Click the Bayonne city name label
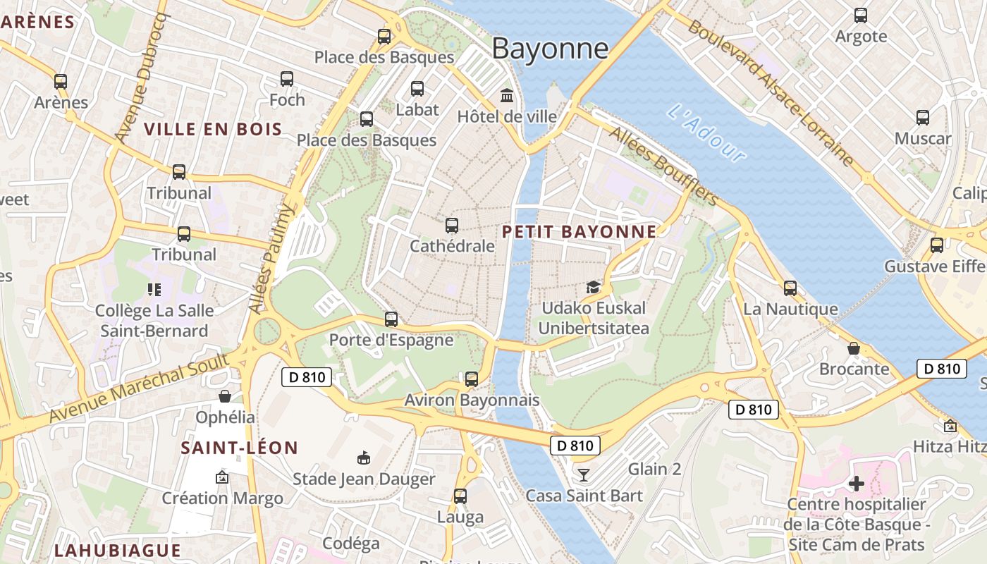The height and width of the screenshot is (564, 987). (x=550, y=49)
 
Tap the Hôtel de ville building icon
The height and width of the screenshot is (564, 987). (x=507, y=95)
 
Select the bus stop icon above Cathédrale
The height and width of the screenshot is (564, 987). (x=452, y=226)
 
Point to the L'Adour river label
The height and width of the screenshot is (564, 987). (x=706, y=133)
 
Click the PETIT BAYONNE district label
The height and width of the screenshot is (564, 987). (x=579, y=231)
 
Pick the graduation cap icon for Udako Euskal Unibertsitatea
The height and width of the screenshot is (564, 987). (x=593, y=287)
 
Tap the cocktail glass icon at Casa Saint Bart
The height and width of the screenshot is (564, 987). (x=583, y=474)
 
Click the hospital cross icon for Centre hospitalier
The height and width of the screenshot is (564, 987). (x=857, y=484)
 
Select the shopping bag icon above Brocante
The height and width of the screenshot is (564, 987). (x=854, y=348)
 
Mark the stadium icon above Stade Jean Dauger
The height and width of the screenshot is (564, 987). (x=364, y=459)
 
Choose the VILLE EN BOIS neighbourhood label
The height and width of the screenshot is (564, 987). (x=213, y=129)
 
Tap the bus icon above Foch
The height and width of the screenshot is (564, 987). (x=287, y=79)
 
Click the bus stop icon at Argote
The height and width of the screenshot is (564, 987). (x=861, y=16)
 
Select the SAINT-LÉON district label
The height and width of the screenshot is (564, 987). (x=240, y=448)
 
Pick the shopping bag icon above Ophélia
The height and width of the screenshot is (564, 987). (x=225, y=396)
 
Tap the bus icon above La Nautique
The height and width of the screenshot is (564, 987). (x=790, y=288)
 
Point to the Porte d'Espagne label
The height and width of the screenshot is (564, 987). (x=391, y=340)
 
